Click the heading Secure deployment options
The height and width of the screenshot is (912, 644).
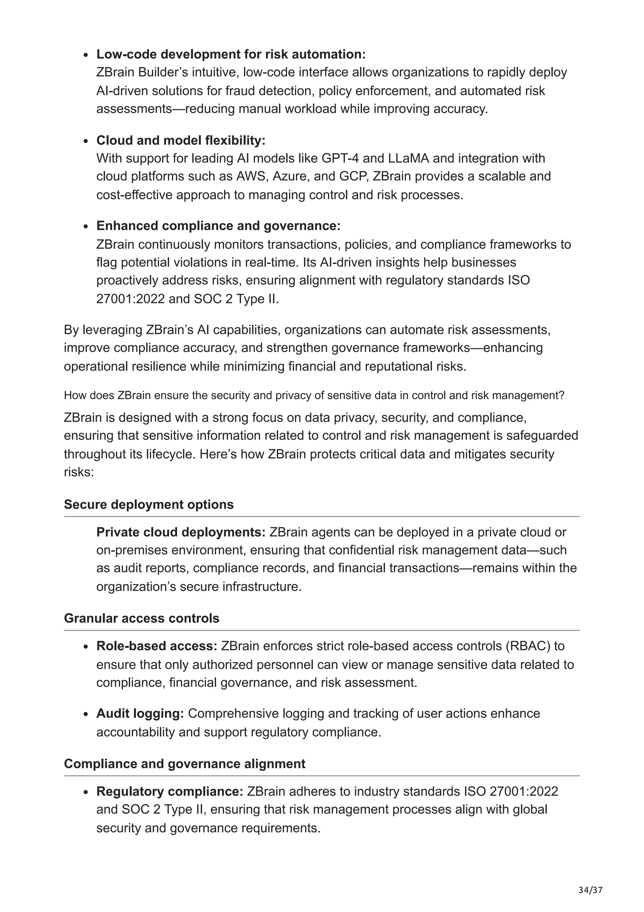(x=149, y=504)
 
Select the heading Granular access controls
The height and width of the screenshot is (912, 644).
(x=142, y=618)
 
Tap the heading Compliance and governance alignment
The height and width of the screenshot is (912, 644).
(x=185, y=763)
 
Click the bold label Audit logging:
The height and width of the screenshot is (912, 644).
(x=140, y=713)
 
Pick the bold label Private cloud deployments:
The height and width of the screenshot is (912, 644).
(x=181, y=532)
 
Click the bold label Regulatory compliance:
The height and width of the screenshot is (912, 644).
(x=169, y=791)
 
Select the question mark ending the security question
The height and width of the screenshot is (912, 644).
(x=562, y=396)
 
